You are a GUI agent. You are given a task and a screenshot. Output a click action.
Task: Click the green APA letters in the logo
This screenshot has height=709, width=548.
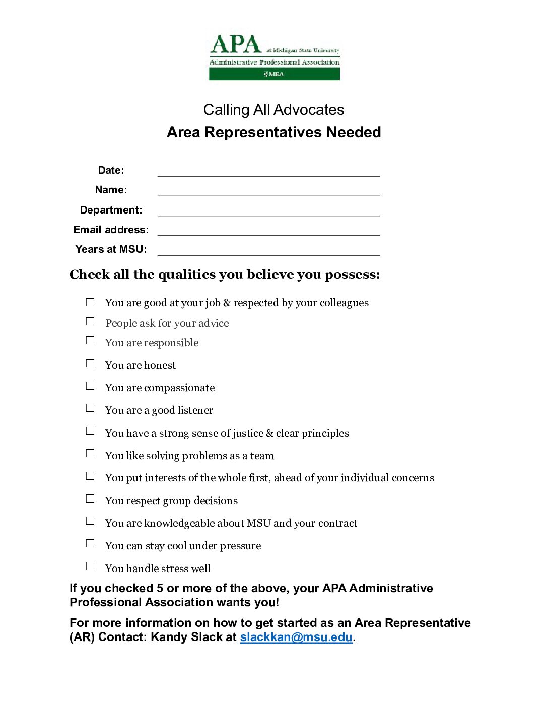(x=235, y=45)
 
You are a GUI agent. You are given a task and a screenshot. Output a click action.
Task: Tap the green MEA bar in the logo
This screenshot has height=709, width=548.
(x=274, y=74)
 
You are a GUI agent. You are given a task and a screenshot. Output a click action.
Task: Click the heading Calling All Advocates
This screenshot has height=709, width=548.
(x=273, y=110)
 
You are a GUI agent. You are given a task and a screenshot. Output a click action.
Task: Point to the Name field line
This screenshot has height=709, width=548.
(x=268, y=192)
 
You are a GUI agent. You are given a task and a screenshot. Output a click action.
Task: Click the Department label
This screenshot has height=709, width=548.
(x=111, y=210)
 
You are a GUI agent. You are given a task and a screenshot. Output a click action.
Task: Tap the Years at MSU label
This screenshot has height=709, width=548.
(x=111, y=249)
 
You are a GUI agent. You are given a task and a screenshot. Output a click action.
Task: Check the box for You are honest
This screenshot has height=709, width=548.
(x=90, y=363)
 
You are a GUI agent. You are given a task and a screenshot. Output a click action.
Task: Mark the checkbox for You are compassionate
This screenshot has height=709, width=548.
(x=90, y=386)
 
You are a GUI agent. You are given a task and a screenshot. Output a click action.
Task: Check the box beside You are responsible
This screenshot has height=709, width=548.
(x=90, y=340)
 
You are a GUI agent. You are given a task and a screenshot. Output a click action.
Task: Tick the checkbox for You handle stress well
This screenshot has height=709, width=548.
(x=90, y=566)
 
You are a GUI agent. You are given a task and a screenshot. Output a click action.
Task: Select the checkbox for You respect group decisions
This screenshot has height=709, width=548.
(x=90, y=499)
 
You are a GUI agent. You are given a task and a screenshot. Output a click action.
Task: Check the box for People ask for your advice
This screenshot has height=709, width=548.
(x=90, y=321)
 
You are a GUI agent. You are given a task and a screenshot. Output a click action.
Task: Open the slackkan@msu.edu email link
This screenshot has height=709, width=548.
(x=296, y=637)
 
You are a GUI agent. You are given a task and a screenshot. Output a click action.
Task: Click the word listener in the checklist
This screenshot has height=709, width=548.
(x=194, y=410)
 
